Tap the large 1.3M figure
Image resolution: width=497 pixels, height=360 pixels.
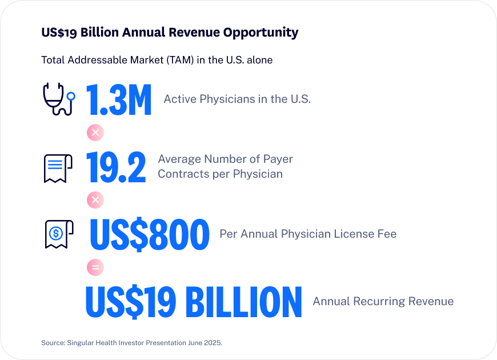(x=119, y=100)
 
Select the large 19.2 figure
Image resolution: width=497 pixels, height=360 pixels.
(x=116, y=167)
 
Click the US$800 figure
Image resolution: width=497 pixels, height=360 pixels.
(x=150, y=235)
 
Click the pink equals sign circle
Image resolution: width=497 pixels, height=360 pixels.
(x=94, y=267)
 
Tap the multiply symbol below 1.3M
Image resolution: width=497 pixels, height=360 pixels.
(x=95, y=133)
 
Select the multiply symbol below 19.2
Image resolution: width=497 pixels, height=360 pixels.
(x=95, y=200)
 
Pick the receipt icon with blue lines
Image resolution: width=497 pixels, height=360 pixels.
(x=58, y=167)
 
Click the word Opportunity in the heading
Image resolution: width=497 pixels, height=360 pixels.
(x=262, y=33)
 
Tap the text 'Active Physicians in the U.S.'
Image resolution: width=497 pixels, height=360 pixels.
(x=237, y=99)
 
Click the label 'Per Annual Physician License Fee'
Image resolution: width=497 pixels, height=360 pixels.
(x=308, y=234)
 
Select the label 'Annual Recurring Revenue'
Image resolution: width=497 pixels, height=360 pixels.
(x=383, y=301)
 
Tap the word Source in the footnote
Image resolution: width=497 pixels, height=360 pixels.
(x=53, y=342)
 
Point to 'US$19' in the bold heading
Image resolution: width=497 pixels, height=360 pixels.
(x=59, y=33)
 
